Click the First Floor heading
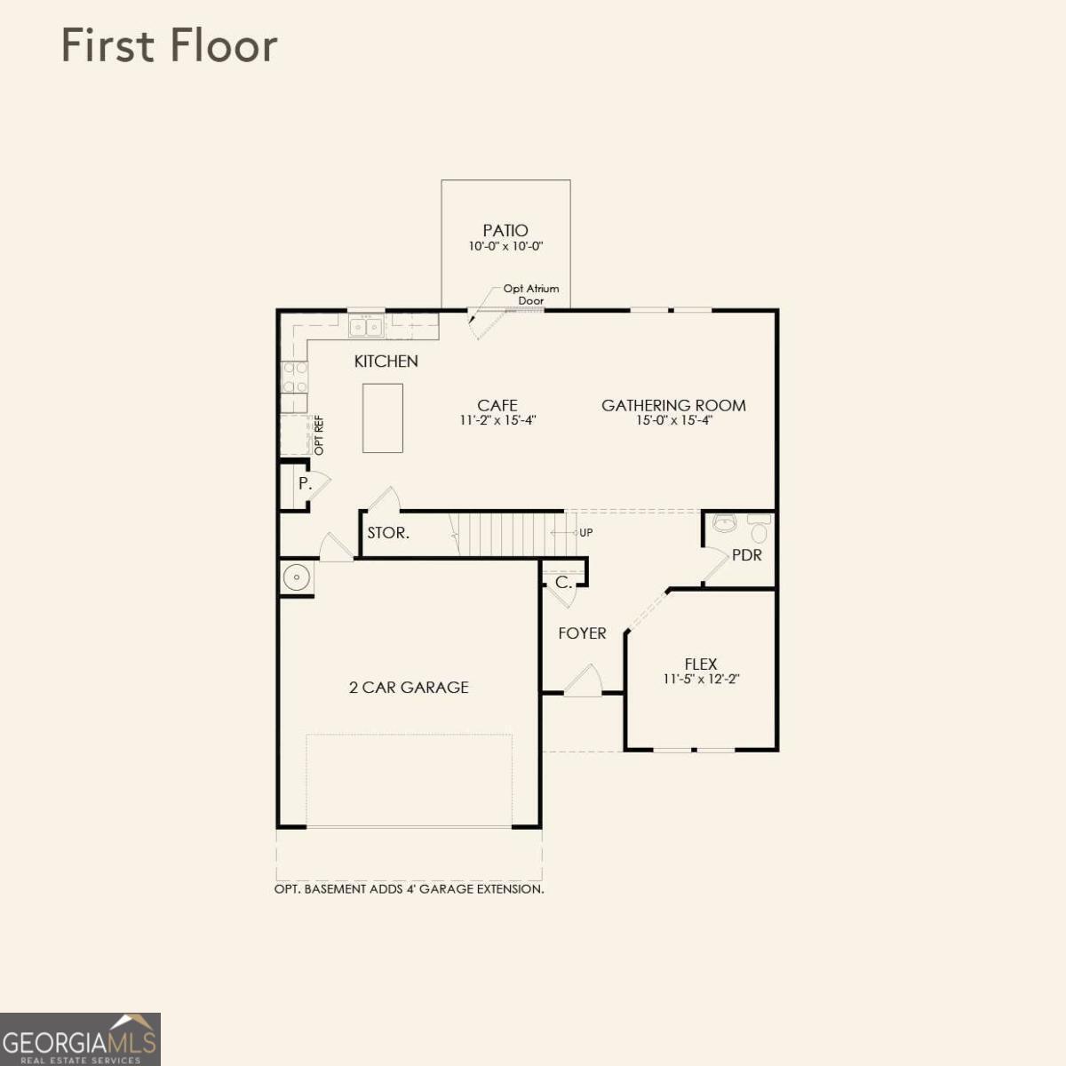tap(170, 45)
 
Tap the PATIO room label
tap(505, 230)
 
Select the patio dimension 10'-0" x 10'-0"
tap(505, 246)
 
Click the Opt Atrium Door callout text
tap(530, 294)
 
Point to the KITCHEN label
tap(386, 362)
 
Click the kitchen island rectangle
tap(382, 418)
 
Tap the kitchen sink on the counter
tap(366, 326)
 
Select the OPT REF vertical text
tap(319, 435)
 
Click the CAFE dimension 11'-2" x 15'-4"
tap(497, 420)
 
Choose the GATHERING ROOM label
tap(673, 405)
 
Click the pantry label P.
tap(305, 483)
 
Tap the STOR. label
tap(388, 533)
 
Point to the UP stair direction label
tap(585, 532)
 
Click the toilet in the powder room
tap(759, 529)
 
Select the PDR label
tap(747, 555)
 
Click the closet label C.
tap(563, 582)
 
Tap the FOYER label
tap(582, 632)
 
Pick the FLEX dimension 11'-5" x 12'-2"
tap(702, 679)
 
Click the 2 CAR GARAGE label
tap(409, 687)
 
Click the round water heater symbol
tap(297, 577)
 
